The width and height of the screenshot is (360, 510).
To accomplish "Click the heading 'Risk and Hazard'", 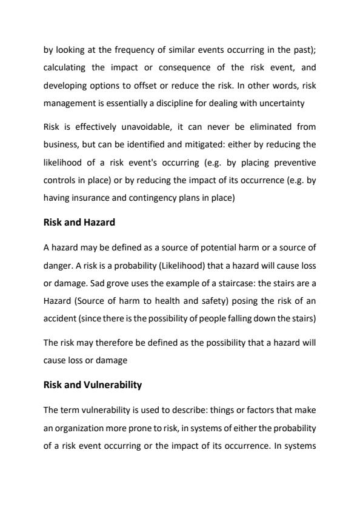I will [79, 222].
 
